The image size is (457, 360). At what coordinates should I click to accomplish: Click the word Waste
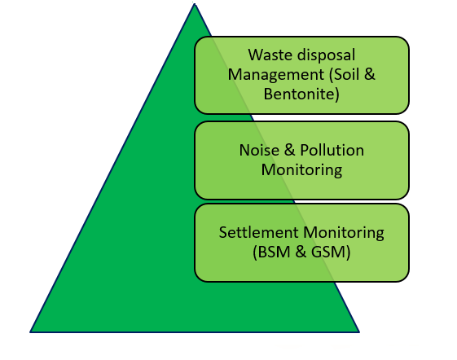tap(266, 55)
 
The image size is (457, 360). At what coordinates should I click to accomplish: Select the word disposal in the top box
tap(323, 55)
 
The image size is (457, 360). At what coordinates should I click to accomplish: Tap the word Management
tap(275, 75)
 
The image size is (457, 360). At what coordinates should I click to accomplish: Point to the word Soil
tap(345, 74)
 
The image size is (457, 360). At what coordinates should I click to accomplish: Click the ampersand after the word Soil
tap(370, 74)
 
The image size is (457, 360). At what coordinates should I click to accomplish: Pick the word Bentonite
tap(301, 94)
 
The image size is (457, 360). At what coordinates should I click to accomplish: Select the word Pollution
tap(332, 150)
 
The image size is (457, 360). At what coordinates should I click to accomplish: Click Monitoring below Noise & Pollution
tap(301, 170)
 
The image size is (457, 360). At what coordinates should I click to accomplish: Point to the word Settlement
tap(259, 233)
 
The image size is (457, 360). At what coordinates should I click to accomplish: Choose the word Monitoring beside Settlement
tap(344, 233)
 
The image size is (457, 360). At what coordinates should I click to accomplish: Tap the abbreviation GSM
tap(331, 252)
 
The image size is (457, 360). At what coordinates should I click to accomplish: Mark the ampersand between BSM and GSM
tap(301, 252)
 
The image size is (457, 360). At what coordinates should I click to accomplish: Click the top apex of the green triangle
tap(195, 4)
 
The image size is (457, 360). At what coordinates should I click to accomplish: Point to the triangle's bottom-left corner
tap(30, 332)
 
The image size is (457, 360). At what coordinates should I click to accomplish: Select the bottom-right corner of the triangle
tap(359, 332)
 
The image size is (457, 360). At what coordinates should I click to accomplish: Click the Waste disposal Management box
tap(301, 75)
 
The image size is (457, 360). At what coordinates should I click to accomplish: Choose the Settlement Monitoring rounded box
tap(301, 243)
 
